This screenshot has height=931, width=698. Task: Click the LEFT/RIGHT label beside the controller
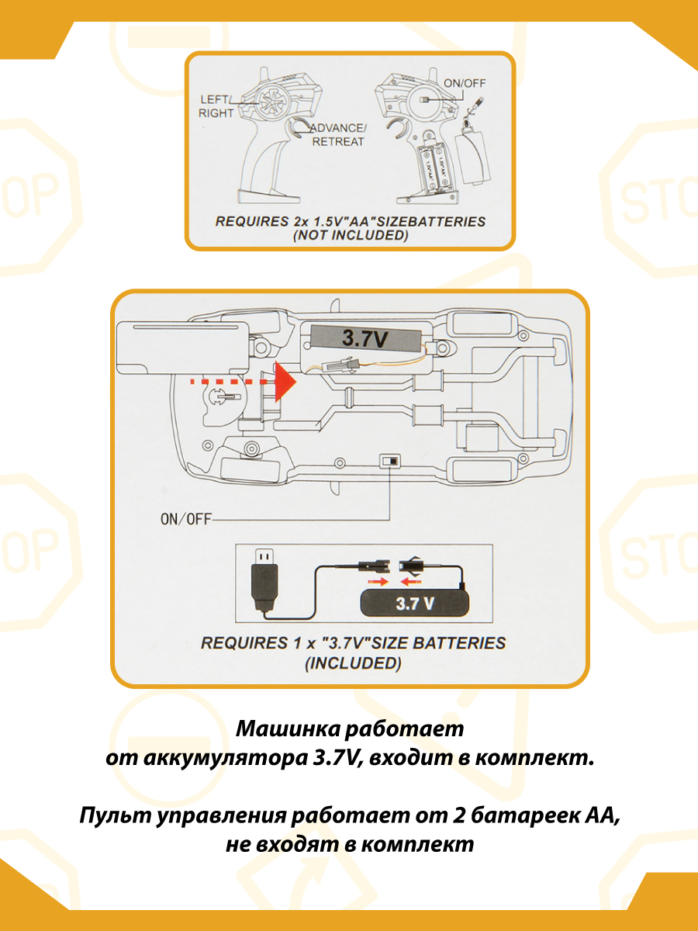216,106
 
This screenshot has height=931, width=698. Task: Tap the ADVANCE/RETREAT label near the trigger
338,134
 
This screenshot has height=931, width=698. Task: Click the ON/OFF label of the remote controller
465,83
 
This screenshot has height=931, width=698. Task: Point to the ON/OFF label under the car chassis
185,519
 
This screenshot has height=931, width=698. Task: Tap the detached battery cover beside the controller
472,157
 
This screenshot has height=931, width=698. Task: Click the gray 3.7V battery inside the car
366,338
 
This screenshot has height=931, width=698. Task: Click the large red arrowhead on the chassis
285,382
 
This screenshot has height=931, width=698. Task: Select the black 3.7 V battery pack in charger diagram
414,604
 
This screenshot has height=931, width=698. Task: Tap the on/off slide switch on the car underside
390,461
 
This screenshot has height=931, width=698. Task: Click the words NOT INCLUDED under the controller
351,235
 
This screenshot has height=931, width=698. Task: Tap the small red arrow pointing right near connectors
378,582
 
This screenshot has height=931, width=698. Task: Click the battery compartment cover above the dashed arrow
182,348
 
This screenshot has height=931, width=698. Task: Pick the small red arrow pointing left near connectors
411,582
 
